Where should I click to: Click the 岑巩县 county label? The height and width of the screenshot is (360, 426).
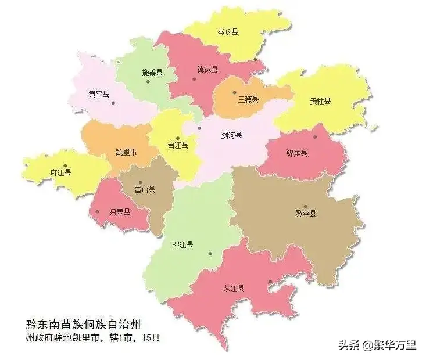[228, 32]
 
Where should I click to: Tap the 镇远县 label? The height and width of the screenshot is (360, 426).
[207, 70]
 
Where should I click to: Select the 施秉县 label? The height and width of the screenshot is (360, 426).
[152, 73]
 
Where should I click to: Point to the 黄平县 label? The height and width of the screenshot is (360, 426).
[99, 93]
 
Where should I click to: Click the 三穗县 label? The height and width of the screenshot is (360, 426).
[248, 99]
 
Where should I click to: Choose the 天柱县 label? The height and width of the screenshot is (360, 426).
[320, 101]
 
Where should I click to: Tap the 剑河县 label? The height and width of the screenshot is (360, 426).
[231, 135]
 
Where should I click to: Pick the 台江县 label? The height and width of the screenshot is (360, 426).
[177, 145]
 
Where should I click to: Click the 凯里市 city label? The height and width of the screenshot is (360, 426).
[126, 153]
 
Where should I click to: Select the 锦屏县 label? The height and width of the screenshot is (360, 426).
[297, 153]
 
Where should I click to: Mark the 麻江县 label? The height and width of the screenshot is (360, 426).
[60, 172]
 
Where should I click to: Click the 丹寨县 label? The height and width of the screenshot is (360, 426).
[120, 212]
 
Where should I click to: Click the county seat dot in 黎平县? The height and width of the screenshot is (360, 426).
[305, 206]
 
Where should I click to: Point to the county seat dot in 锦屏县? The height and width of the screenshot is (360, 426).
[315, 137]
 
